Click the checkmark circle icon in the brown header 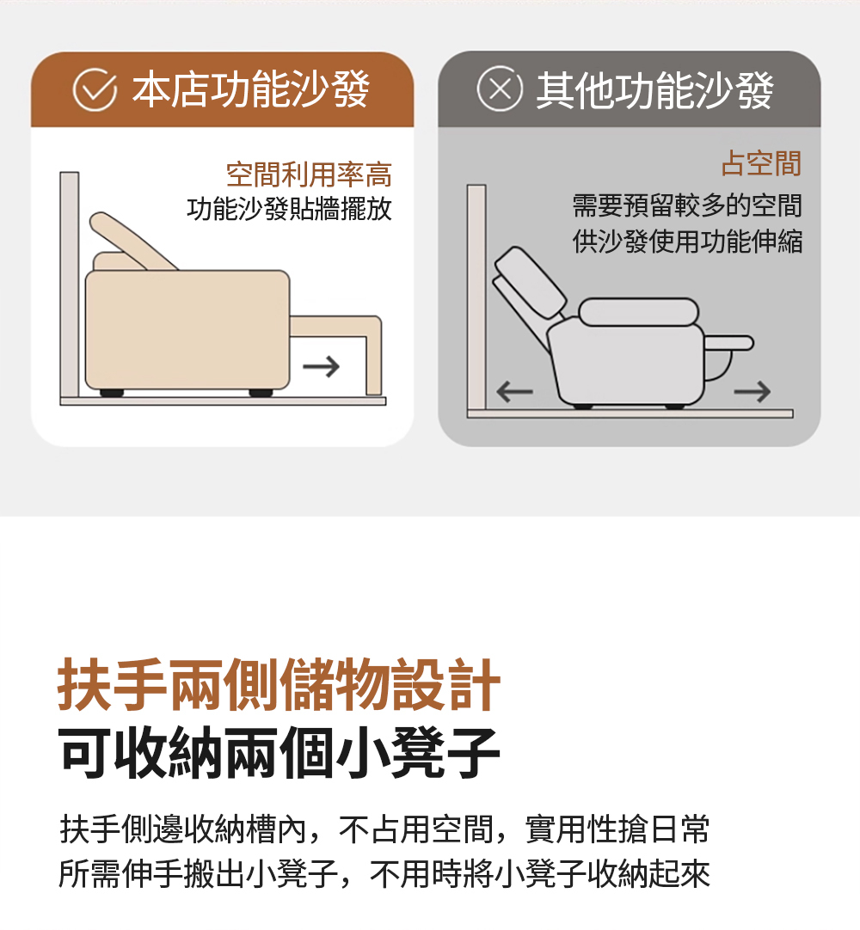[95, 89]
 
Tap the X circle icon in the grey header [500, 89]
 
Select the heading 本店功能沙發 [251, 89]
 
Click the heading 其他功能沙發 [654, 90]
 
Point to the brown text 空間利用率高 [309, 174]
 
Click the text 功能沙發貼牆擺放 [289, 209]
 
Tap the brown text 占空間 [761, 163]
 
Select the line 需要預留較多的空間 [687, 205]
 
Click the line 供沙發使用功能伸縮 [687, 242]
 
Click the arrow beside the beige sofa [321, 366]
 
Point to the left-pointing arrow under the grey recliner [514, 391]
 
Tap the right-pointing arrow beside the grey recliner [752, 391]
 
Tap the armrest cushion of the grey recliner [639, 312]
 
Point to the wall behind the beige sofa [70, 285]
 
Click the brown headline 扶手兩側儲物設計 [279, 684]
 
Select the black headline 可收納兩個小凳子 [279, 753]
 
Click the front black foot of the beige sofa [261, 393]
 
